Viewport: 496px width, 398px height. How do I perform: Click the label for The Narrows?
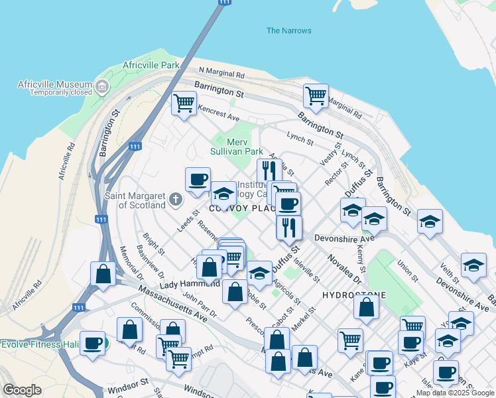(288, 31)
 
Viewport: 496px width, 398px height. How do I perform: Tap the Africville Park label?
(151, 66)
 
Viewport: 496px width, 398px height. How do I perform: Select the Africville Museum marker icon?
(101, 86)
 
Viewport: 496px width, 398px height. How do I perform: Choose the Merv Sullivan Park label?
(236, 147)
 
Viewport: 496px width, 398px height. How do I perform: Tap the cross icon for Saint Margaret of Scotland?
(175, 199)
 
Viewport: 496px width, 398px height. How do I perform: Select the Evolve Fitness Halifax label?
(40, 344)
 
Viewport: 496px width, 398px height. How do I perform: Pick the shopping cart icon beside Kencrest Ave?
(184, 103)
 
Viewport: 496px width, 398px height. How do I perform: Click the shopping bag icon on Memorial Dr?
(104, 273)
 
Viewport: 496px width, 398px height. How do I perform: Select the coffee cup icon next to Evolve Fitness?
(93, 343)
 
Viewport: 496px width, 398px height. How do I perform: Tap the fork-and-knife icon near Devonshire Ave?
(288, 228)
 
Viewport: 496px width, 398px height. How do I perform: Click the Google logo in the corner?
(22, 391)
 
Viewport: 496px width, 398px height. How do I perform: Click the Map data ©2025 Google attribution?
(455, 393)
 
